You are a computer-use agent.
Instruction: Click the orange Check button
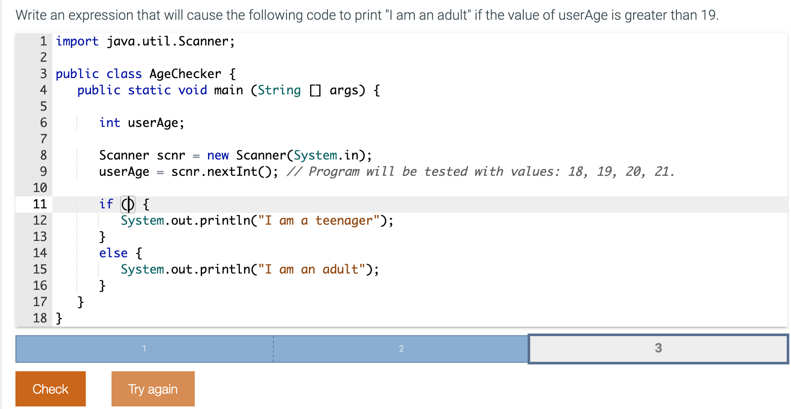pos(51,389)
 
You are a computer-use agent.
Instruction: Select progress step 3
pos(658,348)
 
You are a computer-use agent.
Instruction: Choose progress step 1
pos(145,349)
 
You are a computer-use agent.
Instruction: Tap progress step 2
pos(401,349)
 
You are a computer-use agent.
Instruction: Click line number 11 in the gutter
pos(40,204)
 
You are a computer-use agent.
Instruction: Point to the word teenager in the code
pos(344,220)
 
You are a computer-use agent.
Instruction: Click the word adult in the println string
pos(340,269)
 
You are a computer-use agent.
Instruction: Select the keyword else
pos(113,253)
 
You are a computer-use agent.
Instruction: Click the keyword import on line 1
pos(77,41)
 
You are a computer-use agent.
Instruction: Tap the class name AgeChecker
pos(185,74)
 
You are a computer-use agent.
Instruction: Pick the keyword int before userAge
pos(110,123)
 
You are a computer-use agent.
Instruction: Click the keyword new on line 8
pos(218,155)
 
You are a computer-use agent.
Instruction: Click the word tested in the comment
pos(446,171)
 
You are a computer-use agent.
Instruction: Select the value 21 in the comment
pos(661,171)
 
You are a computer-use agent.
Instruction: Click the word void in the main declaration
pos(193,90)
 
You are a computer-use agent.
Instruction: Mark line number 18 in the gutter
pos(40,318)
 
